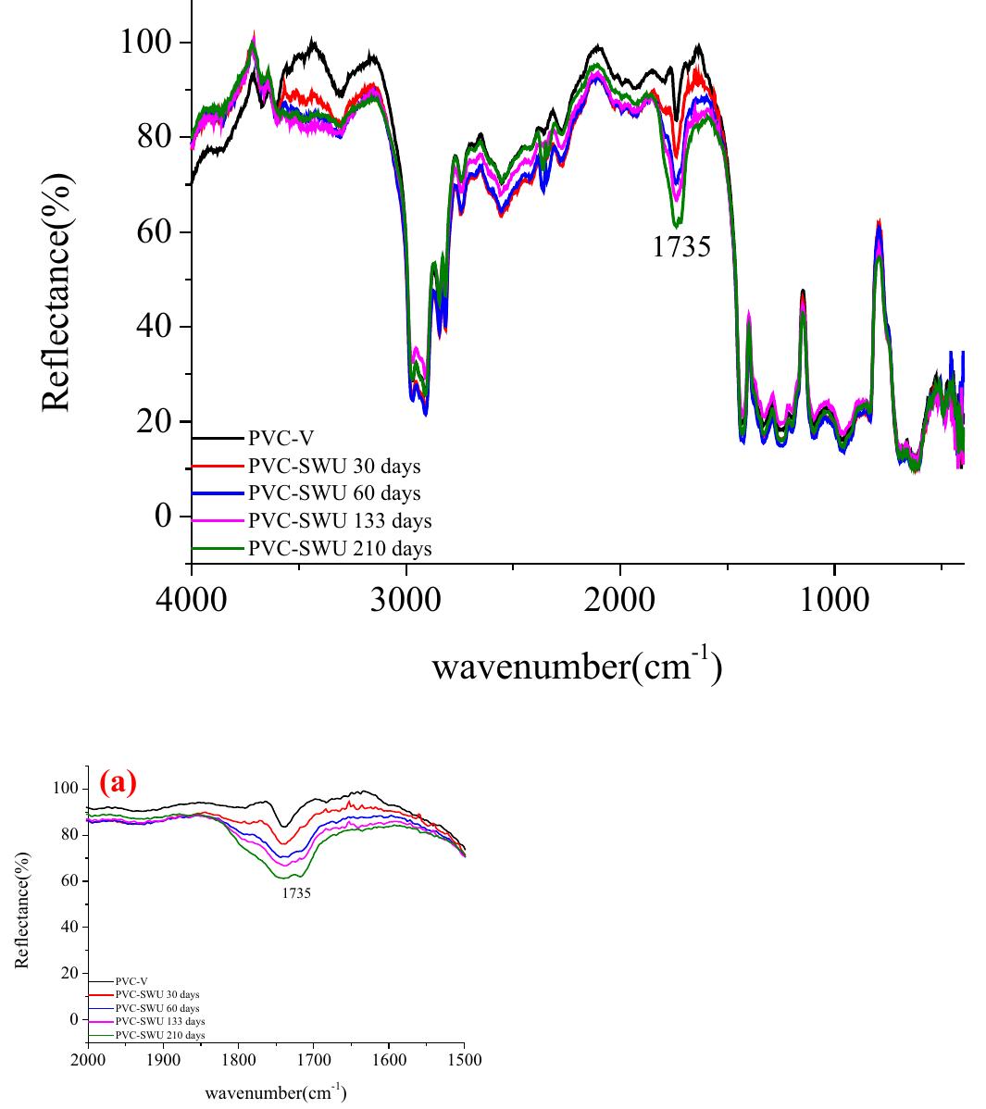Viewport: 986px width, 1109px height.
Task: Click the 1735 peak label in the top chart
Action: (682, 247)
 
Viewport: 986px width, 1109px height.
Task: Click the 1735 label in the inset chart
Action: (296, 894)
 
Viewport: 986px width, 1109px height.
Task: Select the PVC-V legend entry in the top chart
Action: (273, 438)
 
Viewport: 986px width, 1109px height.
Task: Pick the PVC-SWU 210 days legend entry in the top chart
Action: (339, 549)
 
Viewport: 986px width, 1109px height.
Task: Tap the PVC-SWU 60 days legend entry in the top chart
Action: (333, 493)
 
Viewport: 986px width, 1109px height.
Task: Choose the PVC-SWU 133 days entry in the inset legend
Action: (159, 1021)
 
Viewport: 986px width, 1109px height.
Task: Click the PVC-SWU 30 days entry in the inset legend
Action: (156, 994)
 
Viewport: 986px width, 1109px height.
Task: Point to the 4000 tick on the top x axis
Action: (191, 599)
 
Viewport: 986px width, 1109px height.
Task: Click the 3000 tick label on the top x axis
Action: (406, 599)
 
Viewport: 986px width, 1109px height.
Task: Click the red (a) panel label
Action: (118, 783)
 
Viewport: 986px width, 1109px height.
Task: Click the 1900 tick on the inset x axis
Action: (163, 1061)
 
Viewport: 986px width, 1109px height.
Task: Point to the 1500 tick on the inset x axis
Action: (464, 1061)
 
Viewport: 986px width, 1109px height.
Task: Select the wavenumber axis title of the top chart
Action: (576, 666)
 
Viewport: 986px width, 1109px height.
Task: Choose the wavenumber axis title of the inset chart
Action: (276, 1092)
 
